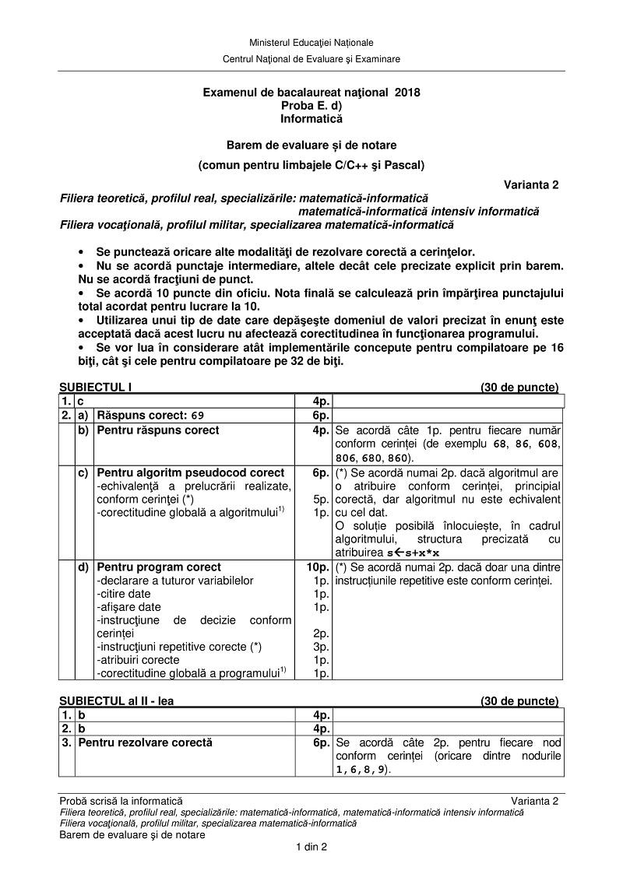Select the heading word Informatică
311,119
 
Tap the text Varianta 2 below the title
530,185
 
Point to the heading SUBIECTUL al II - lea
117,700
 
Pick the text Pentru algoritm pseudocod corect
191,472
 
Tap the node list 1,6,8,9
361,769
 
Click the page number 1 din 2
311,848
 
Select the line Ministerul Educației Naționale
311,42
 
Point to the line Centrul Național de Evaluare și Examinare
311,58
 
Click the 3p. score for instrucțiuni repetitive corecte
321,646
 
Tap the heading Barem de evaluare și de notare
311,145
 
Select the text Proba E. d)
311,105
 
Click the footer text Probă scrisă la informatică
121,801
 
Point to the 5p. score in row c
321,499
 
